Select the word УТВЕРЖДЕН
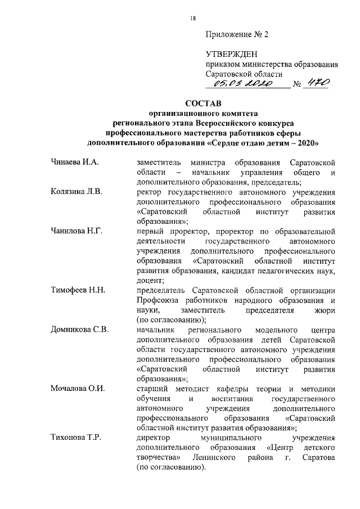coord(231,55)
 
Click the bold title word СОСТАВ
coord(203,103)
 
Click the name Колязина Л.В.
coord(77,192)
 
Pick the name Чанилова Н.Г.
coord(76,232)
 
